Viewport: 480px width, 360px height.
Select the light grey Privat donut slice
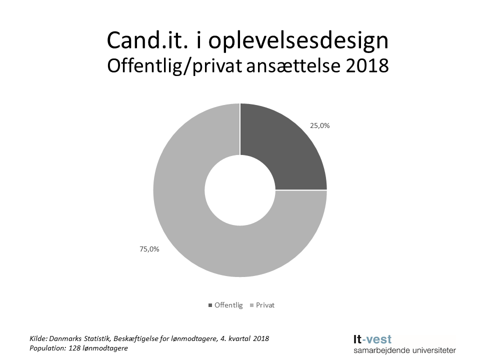[200, 240]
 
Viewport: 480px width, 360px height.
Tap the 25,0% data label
[319, 126]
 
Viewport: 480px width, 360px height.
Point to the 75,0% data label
[149, 248]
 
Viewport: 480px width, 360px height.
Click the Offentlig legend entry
[228, 305]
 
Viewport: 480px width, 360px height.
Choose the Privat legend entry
[265, 305]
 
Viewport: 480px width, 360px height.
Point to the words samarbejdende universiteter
[404, 350]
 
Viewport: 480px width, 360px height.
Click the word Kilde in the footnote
[38, 338]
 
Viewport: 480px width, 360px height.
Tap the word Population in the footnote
[48, 348]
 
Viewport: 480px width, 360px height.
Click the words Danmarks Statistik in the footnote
[80, 338]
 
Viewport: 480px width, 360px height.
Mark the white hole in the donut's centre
[240, 190]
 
